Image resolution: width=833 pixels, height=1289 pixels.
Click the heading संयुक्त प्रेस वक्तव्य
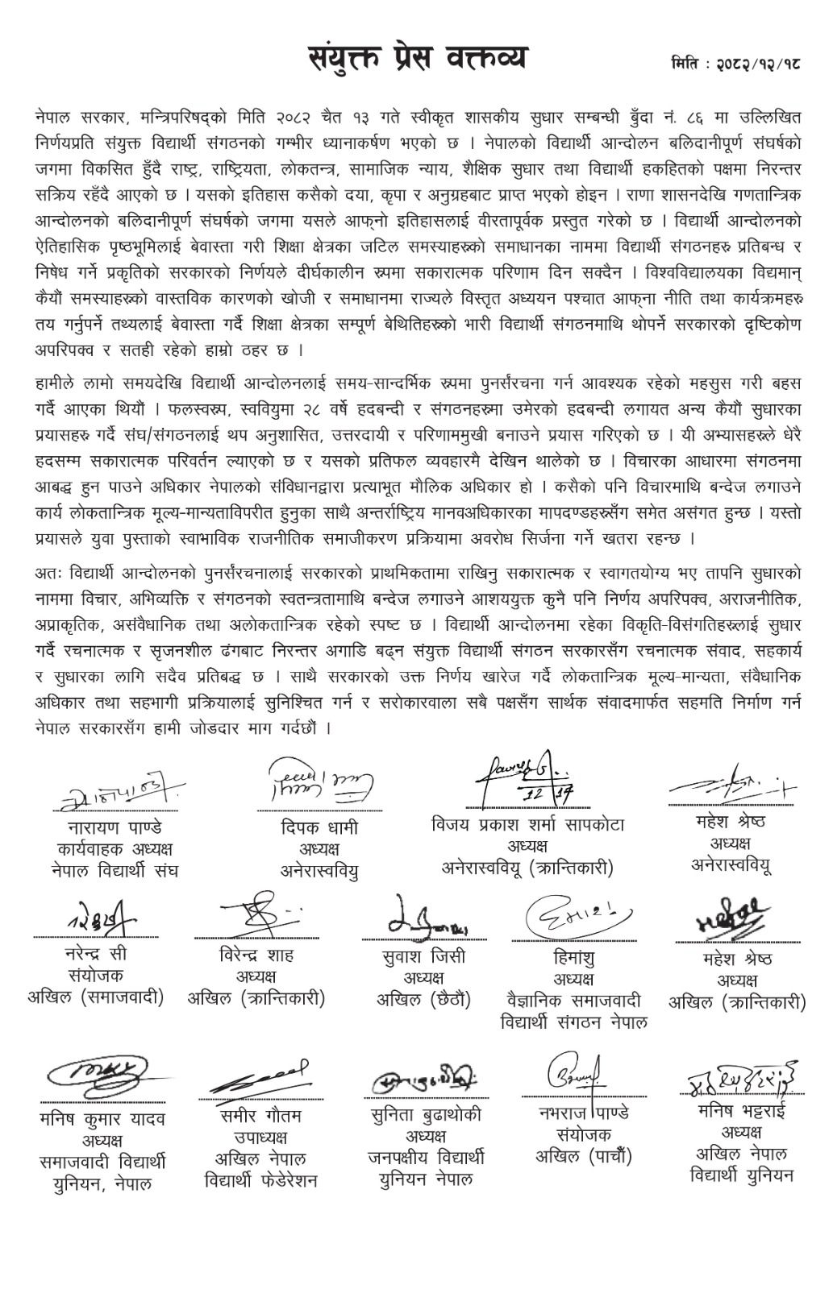(x=419, y=59)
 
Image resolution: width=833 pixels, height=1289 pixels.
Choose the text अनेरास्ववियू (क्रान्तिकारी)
(x=528, y=868)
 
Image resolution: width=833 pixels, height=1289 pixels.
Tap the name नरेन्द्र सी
(x=95, y=954)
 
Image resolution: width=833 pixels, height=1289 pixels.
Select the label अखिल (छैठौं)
(x=424, y=1000)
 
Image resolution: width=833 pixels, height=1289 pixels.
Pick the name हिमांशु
(x=574, y=958)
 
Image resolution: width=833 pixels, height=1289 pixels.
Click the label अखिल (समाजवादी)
(x=95, y=997)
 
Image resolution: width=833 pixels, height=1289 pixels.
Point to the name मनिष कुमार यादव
(x=102, y=1119)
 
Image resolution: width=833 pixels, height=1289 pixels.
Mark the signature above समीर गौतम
(x=260, y=1076)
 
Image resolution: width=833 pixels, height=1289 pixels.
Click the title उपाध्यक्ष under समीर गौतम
(x=260, y=1138)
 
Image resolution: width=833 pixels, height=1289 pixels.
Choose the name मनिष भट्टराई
(x=742, y=1111)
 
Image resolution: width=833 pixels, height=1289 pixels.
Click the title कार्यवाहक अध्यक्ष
(x=115, y=849)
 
